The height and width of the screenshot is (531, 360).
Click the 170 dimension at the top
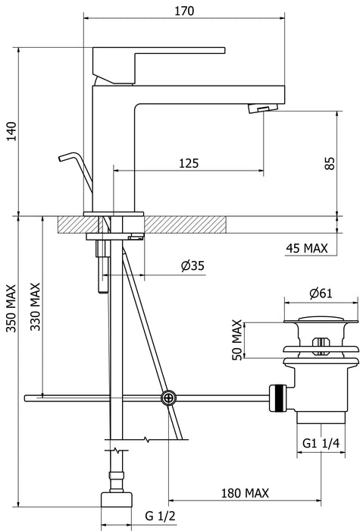tap(184, 11)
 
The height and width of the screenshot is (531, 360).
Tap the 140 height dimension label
tap(11, 131)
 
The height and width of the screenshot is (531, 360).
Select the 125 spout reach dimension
tap(189, 163)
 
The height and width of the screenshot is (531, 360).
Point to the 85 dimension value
tap(330, 163)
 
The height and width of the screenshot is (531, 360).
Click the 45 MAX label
tap(307, 248)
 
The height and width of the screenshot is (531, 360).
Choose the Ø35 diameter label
tap(193, 265)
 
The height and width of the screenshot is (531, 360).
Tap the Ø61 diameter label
tap(321, 294)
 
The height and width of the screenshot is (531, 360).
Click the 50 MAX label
tap(237, 340)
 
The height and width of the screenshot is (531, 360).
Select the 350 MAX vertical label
tap(11, 309)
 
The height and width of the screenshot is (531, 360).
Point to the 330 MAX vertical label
tap(35, 306)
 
